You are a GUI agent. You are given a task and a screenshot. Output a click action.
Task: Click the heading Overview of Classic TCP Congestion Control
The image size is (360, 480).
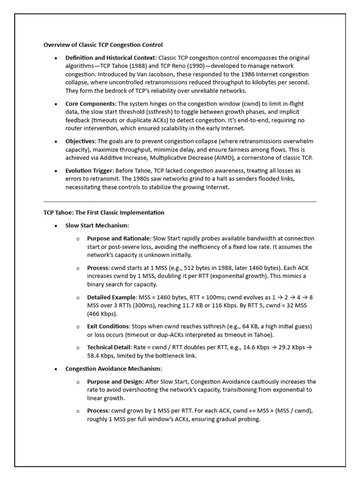[103, 45]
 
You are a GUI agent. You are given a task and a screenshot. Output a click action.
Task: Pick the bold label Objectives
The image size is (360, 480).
[80, 141]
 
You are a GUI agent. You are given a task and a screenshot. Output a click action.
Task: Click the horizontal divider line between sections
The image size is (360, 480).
[180, 202]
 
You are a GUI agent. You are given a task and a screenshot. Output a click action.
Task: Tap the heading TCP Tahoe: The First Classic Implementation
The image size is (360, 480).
[104, 212]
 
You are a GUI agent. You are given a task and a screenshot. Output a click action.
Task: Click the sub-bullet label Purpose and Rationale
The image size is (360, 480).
[117, 239]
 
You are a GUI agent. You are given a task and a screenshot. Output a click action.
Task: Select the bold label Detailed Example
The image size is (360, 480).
[112, 297]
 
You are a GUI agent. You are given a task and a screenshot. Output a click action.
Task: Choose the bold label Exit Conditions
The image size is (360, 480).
[108, 326]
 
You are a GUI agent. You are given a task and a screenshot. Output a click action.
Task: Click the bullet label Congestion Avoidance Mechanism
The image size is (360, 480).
[109, 369]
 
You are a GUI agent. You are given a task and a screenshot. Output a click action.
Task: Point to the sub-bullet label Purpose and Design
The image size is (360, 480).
[114, 382]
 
